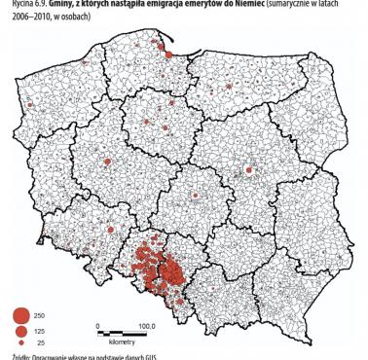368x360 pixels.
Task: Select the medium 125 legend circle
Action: (x=19, y=331)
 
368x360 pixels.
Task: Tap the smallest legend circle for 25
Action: (x=19, y=342)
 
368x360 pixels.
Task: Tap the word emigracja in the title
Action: (x=152, y=5)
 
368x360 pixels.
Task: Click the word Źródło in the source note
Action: (x=14, y=356)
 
